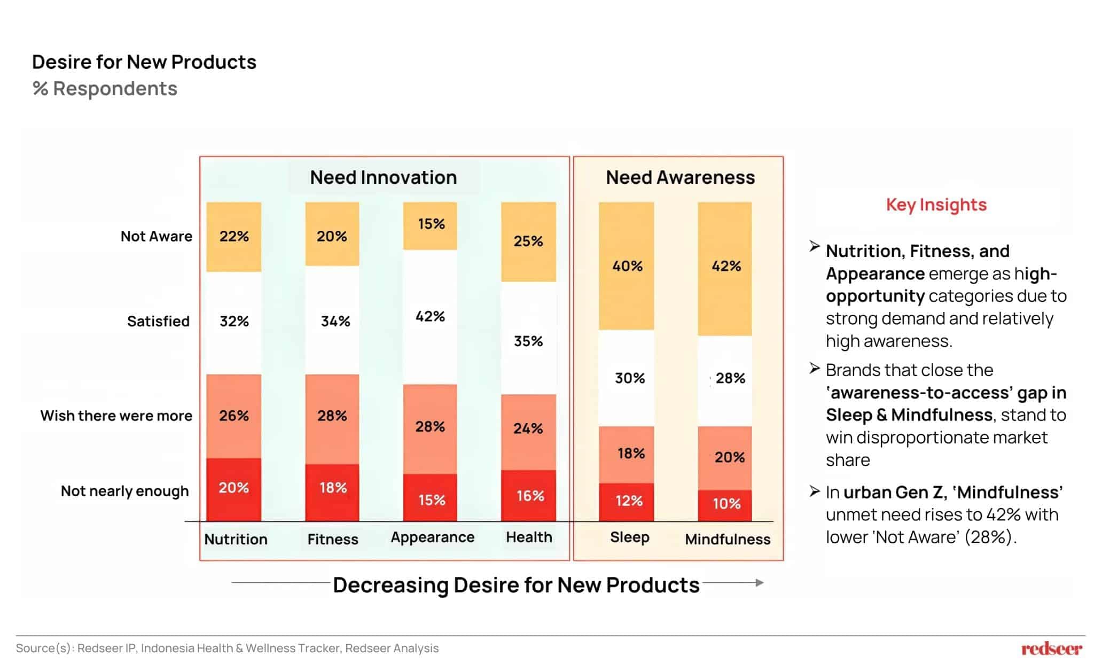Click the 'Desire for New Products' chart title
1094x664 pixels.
(x=144, y=62)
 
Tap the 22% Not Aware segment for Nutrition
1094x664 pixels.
(x=234, y=236)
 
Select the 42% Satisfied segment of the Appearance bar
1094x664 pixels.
(x=430, y=316)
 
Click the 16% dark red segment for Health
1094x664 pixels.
(x=529, y=496)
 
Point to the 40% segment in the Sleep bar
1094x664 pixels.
(x=626, y=265)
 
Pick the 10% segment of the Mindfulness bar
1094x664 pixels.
(x=725, y=504)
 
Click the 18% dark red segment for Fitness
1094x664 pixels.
(x=332, y=488)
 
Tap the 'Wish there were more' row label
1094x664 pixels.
(x=116, y=416)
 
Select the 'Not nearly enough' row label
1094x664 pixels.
(x=124, y=491)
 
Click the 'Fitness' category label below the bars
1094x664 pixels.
(x=333, y=539)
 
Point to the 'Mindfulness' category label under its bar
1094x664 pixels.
(x=728, y=539)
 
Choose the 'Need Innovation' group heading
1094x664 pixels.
(x=384, y=177)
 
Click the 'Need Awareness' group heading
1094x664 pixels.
(x=680, y=177)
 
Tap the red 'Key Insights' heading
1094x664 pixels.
(x=936, y=205)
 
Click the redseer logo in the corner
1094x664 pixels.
(x=1051, y=649)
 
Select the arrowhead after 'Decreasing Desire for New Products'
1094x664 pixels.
(x=759, y=583)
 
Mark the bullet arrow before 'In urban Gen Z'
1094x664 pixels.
(x=814, y=491)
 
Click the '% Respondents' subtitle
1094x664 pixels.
(x=105, y=89)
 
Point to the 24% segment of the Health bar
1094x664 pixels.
(x=528, y=428)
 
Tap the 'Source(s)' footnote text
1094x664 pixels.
(x=227, y=648)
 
